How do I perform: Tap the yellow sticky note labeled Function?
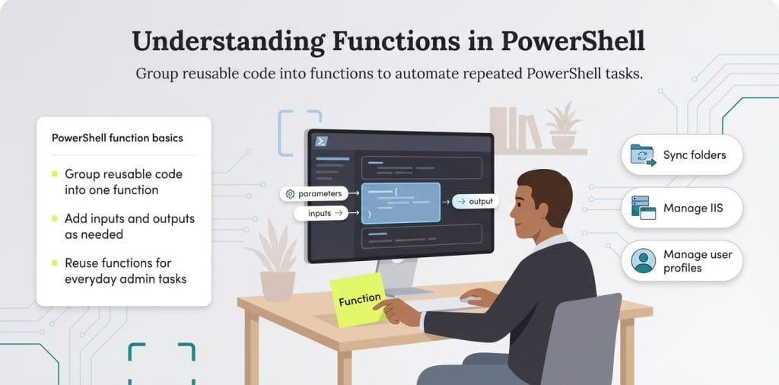pyautogui.click(x=359, y=299)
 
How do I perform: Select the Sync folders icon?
pyautogui.click(x=643, y=155)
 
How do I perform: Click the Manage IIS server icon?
pyautogui.click(x=643, y=208)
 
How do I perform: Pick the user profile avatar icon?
pyautogui.click(x=643, y=260)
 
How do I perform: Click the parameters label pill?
pyautogui.click(x=315, y=194)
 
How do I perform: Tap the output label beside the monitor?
pyautogui.click(x=475, y=202)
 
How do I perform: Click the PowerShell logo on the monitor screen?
pyautogui.click(x=323, y=142)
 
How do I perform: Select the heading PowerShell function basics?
pyautogui.click(x=116, y=138)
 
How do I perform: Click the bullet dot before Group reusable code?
pyautogui.click(x=55, y=174)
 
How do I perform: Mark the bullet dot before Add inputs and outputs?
pyautogui.click(x=55, y=218)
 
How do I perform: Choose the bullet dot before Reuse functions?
pyautogui.click(x=55, y=262)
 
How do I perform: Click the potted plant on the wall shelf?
pyautogui.click(x=562, y=126)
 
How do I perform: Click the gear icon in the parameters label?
pyautogui.click(x=290, y=194)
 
